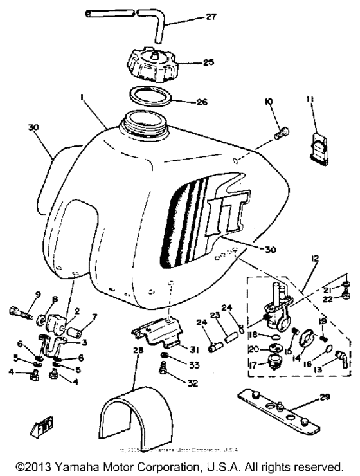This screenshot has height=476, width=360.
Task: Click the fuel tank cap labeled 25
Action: pyautogui.click(x=154, y=65)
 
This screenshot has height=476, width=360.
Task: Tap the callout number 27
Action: pyautogui.click(x=211, y=18)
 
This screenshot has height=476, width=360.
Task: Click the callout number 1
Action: pyautogui.click(x=82, y=97)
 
